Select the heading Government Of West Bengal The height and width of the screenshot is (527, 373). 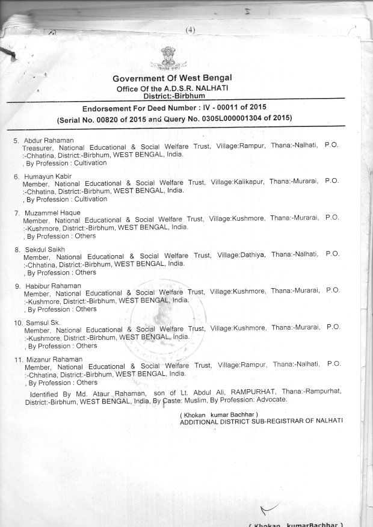tap(171, 79)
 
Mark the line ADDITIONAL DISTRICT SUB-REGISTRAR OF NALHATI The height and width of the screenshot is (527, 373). tap(261, 421)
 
